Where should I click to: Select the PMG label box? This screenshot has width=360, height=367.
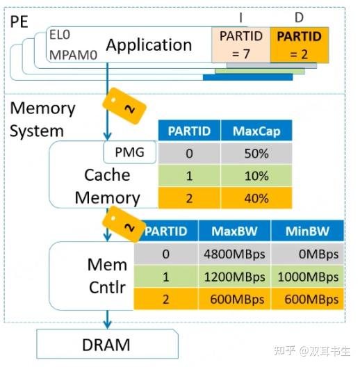[x=129, y=151]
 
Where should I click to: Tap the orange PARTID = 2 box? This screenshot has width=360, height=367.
[x=298, y=44]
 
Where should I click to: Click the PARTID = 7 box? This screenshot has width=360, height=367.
[x=240, y=44]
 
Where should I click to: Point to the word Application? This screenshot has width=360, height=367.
[x=148, y=45]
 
